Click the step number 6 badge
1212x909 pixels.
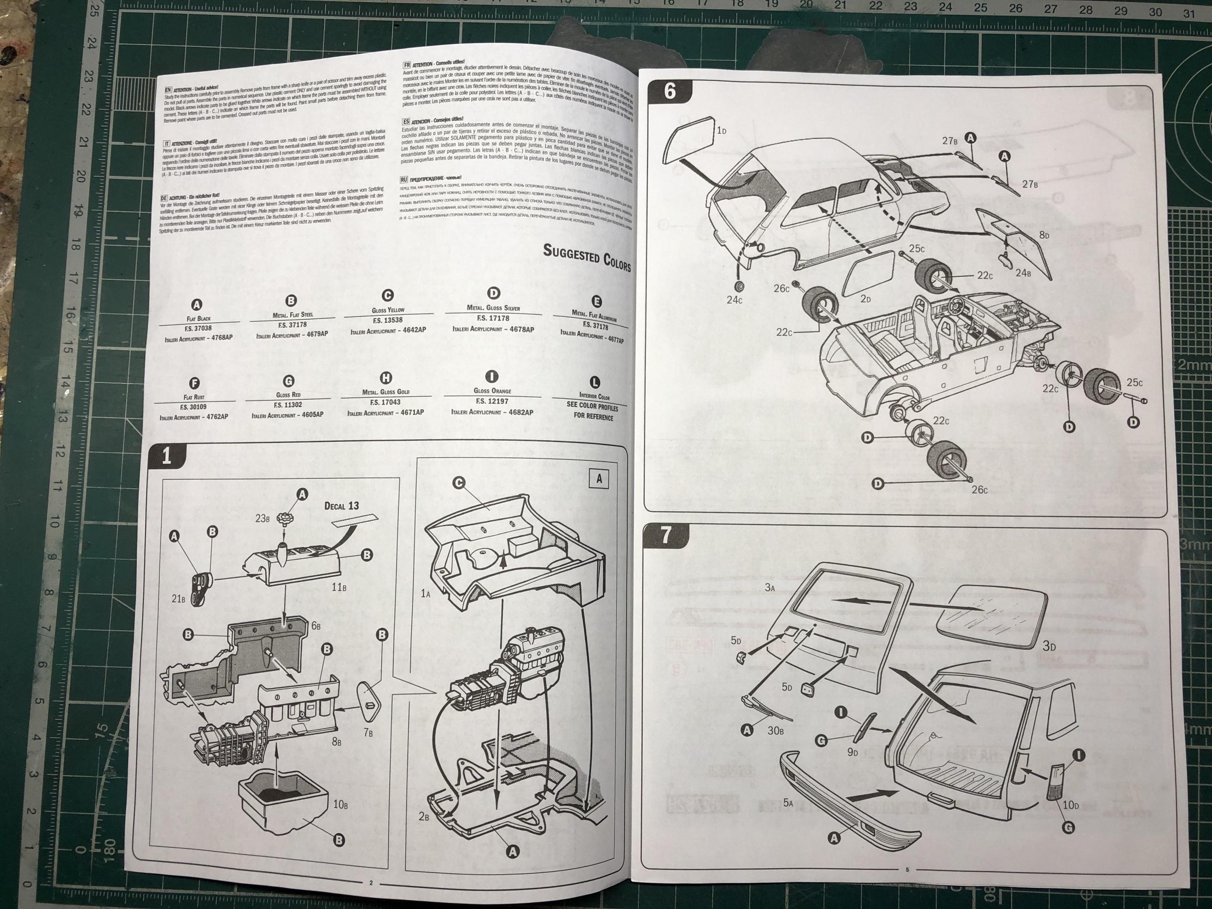tap(670, 91)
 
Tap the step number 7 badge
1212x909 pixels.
tap(666, 535)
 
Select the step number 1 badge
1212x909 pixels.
tap(167, 457)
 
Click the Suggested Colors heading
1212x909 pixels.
tap(586, 256)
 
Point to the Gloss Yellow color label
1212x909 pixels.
tap(388, 310)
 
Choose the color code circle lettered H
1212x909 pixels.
tap(386, 377)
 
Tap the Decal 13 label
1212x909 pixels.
tap(341, 505)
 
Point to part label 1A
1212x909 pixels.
tap(426, 593)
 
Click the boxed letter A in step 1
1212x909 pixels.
tap(599, 479)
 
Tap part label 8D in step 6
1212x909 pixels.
tap(1044, 235)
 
